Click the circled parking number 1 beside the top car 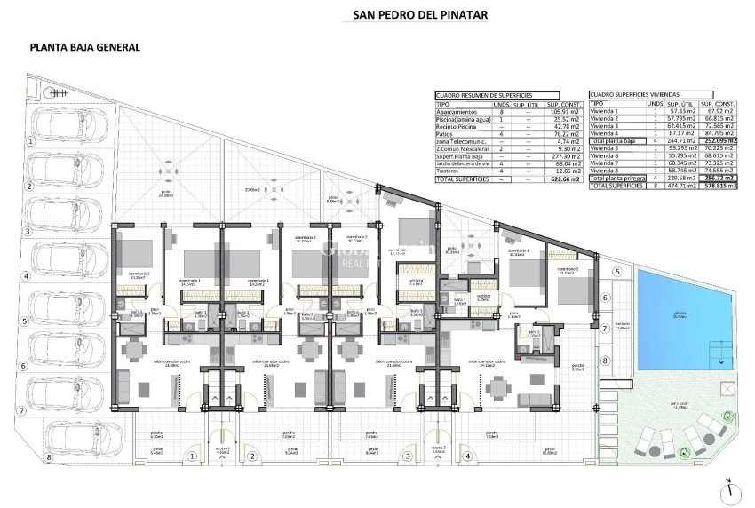[29, 140]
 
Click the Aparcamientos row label [457, 111]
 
